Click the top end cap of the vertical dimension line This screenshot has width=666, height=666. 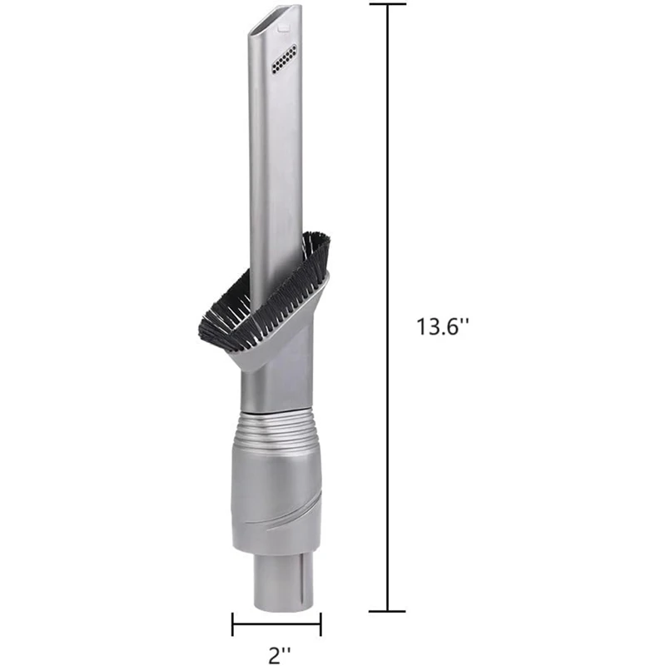pos(387,4)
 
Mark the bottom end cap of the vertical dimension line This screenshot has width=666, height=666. pos(387,611)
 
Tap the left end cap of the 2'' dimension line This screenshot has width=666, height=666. pos(232,623)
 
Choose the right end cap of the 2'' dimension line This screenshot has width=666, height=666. pos(321,623)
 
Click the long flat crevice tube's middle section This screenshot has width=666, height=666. pos(272,166)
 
